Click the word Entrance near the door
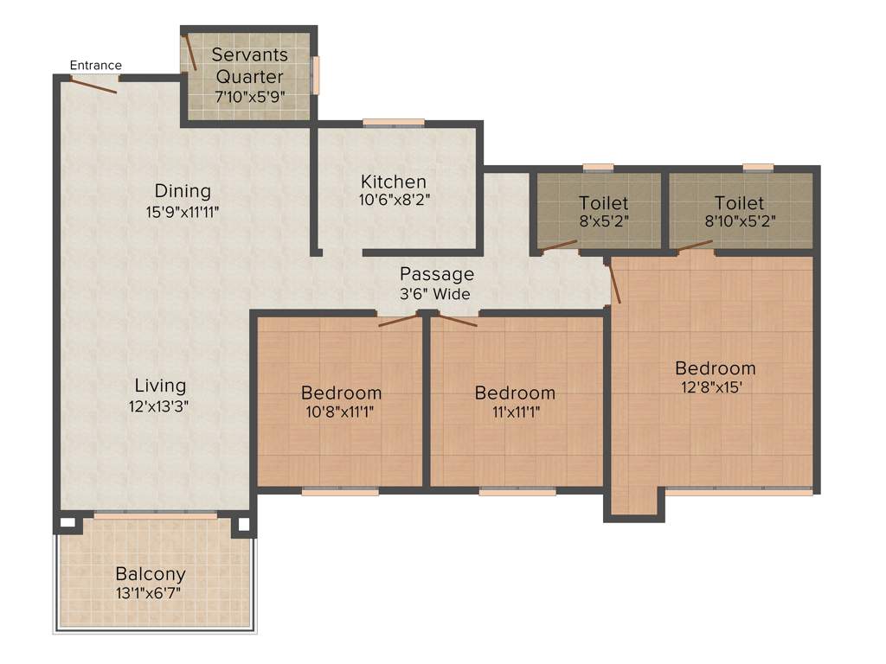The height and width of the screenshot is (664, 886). [95, 65]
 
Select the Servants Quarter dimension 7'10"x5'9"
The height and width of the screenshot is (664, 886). [249, 97]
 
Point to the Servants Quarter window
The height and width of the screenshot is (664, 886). [316, 75]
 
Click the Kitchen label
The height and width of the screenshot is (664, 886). [394, 182]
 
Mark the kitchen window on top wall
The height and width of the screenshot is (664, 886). [394, 122]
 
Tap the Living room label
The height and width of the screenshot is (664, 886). [160, 386]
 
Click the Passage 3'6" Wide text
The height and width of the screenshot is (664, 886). [436, 284]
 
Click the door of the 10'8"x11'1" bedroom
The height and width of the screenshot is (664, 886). [398, 320]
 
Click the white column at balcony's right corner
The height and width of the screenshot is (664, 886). [243, 523]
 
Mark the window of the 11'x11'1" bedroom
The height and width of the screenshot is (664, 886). [517, 491]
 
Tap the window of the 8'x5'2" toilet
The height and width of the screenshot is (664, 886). [598, 167]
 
